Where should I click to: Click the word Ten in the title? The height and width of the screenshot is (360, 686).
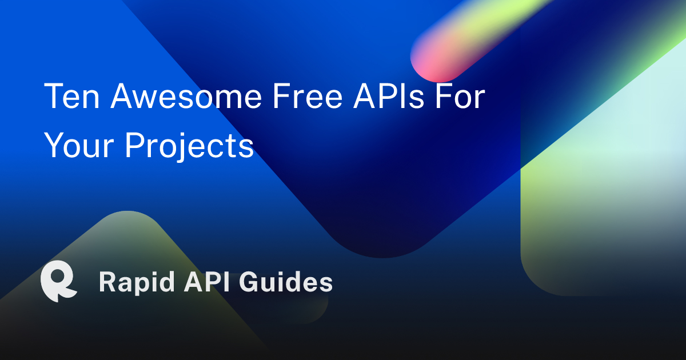pyautogui.click(x=71, y=96)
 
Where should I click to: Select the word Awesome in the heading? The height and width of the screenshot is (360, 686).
pyautogui.click(x=186, y=96)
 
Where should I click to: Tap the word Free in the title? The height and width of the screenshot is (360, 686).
pyautogui.click(x=308, y=96)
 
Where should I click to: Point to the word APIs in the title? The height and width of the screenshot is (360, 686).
pyautogui.click(x=389, y=96)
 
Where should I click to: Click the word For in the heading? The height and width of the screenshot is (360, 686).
pyautogui.click(x=460, y=96)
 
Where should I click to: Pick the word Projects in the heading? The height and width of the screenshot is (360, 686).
pyautogui.click(x=189, y=146)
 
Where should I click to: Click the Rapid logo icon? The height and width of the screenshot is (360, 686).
pyautogui.click(x=59, y=281)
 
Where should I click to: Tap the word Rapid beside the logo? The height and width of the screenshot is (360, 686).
pyautogui.click(x=137, y=282)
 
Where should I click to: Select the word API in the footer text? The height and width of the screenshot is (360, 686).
pyautogui.click(x=207, y=282)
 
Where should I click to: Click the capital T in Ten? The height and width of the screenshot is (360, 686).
pyautogui.click(x=54, y=96)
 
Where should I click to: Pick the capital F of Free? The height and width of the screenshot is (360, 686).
pyautogui.click(x=282, y=96)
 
